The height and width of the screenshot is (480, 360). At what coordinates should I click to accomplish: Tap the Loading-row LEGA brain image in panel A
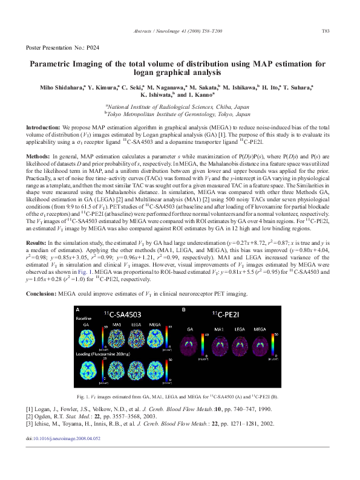pyautogui.click(x=133, y=369)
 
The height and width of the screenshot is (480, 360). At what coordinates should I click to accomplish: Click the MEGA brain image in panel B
pyautogui.click(x=260, y=342)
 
